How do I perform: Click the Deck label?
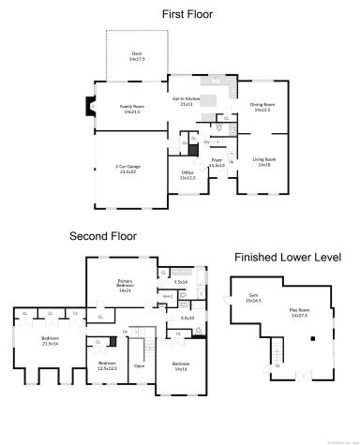[x=136, y=56]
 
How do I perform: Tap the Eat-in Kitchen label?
[x=186, y=100]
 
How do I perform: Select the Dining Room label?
[x=262, y=107]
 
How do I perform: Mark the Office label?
[x=187, y=174]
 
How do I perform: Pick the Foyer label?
[x=217, y=163]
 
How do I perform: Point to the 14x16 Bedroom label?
[x=180, y=366]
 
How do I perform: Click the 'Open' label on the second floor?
[x=139, y=365]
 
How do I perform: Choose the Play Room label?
[x=298, y=312]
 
